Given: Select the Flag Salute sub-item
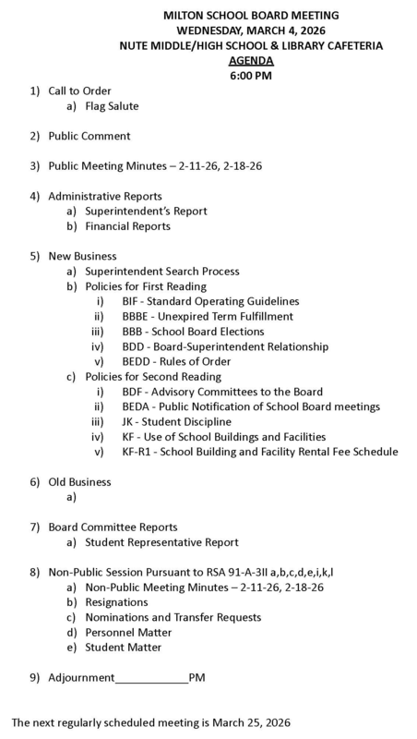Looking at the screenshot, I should (x=112, y=105).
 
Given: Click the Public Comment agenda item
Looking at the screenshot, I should (x=89, y=136).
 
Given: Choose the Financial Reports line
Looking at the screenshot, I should (x=127, y=226).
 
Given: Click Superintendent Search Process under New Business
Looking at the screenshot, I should (x=161, y=272).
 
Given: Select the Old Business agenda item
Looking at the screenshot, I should (x=79, y=481).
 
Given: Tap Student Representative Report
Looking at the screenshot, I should (x=161, y=542).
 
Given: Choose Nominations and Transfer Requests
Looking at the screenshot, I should (x=173, y=617).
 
